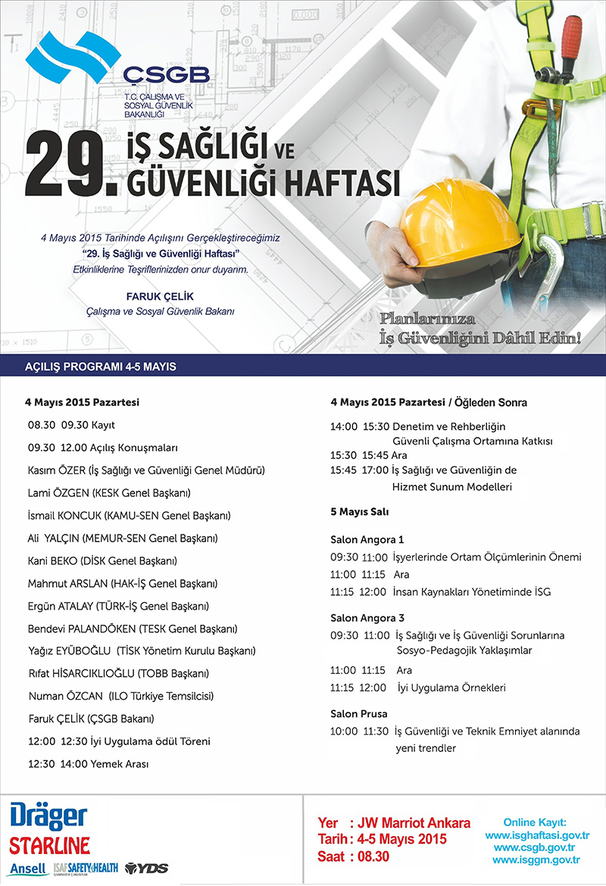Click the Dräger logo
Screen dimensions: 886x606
pos(48,817)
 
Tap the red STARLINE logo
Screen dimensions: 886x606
pos(50,844)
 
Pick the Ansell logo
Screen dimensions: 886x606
pos(28,868)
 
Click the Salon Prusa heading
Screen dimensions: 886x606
pos(359,714)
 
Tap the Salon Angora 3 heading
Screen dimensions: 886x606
pos(367,618)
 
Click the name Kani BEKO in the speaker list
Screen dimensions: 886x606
pos(54,561)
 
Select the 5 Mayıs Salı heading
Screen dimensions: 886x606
pos(360,513)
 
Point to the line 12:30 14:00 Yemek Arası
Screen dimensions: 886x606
pos(88,764)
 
